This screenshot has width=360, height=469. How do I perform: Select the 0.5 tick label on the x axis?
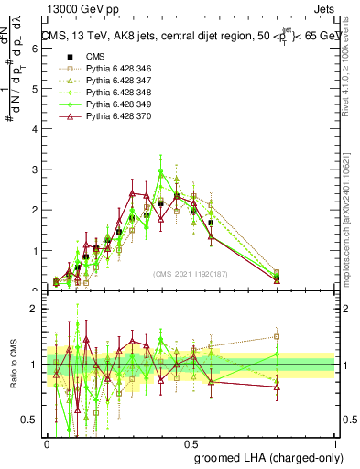tap(191, 442)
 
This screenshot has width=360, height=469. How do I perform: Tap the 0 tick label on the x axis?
tap(47, 442)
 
